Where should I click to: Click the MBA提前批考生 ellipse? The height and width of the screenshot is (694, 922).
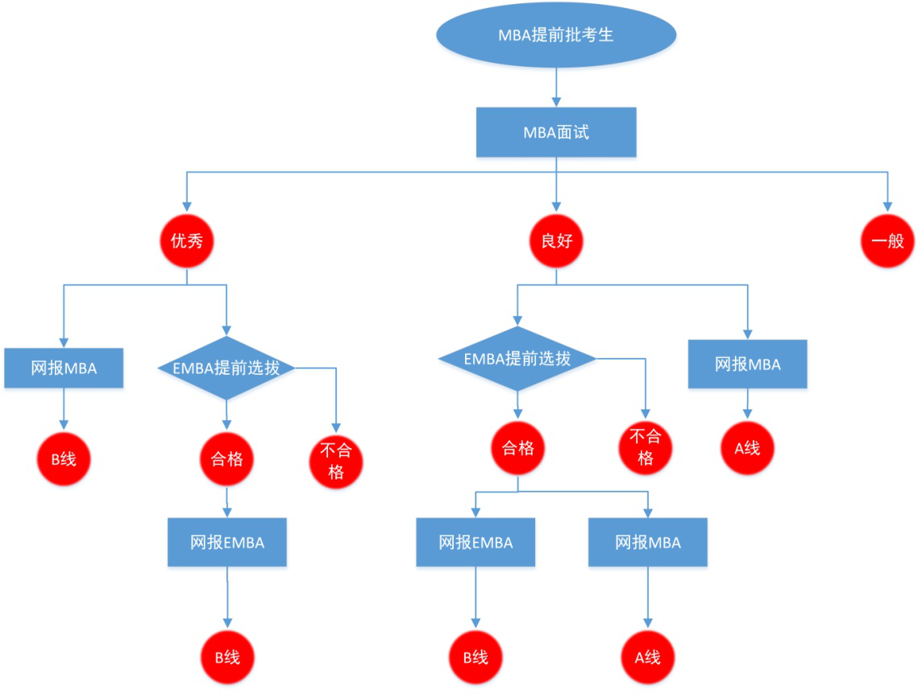tap(555, 35)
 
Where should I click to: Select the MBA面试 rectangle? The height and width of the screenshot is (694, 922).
tap(555, 132)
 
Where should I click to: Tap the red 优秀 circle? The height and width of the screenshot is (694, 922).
tap(187, 240)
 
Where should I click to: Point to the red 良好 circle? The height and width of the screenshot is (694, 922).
tap(556, 240)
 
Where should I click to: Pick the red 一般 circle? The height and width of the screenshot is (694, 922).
tap(887, 240)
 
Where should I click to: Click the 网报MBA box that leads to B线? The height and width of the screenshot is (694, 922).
tap(64, 368)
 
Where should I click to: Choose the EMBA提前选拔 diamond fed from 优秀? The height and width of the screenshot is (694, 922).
tap(226, 368)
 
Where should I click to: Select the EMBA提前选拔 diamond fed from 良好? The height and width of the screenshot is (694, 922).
tap(517, 358)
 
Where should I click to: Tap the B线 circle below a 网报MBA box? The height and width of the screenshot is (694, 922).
tap(64, 459)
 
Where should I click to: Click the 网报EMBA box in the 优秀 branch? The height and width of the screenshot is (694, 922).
tap(227, 542)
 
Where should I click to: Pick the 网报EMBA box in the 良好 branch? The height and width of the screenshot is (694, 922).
tap(476, 542)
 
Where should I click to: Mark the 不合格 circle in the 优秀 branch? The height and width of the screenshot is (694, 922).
tap(336, 462)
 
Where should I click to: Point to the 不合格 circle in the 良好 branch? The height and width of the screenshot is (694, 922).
tap(645, 447)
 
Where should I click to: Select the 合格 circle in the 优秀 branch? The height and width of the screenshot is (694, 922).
tap(227, 459)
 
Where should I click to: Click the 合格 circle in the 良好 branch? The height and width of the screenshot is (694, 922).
tap(517, 448)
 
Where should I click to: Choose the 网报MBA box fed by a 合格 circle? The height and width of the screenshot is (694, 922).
tap(648, 542)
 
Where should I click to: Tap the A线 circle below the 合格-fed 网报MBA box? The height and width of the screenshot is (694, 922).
tap(648, 657)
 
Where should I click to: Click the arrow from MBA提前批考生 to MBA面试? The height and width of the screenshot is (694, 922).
tap(556, 87)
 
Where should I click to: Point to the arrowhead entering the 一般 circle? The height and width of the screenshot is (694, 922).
tap(887, 207)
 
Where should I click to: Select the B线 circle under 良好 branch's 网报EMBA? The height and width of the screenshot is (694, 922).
tap(476, 657)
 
